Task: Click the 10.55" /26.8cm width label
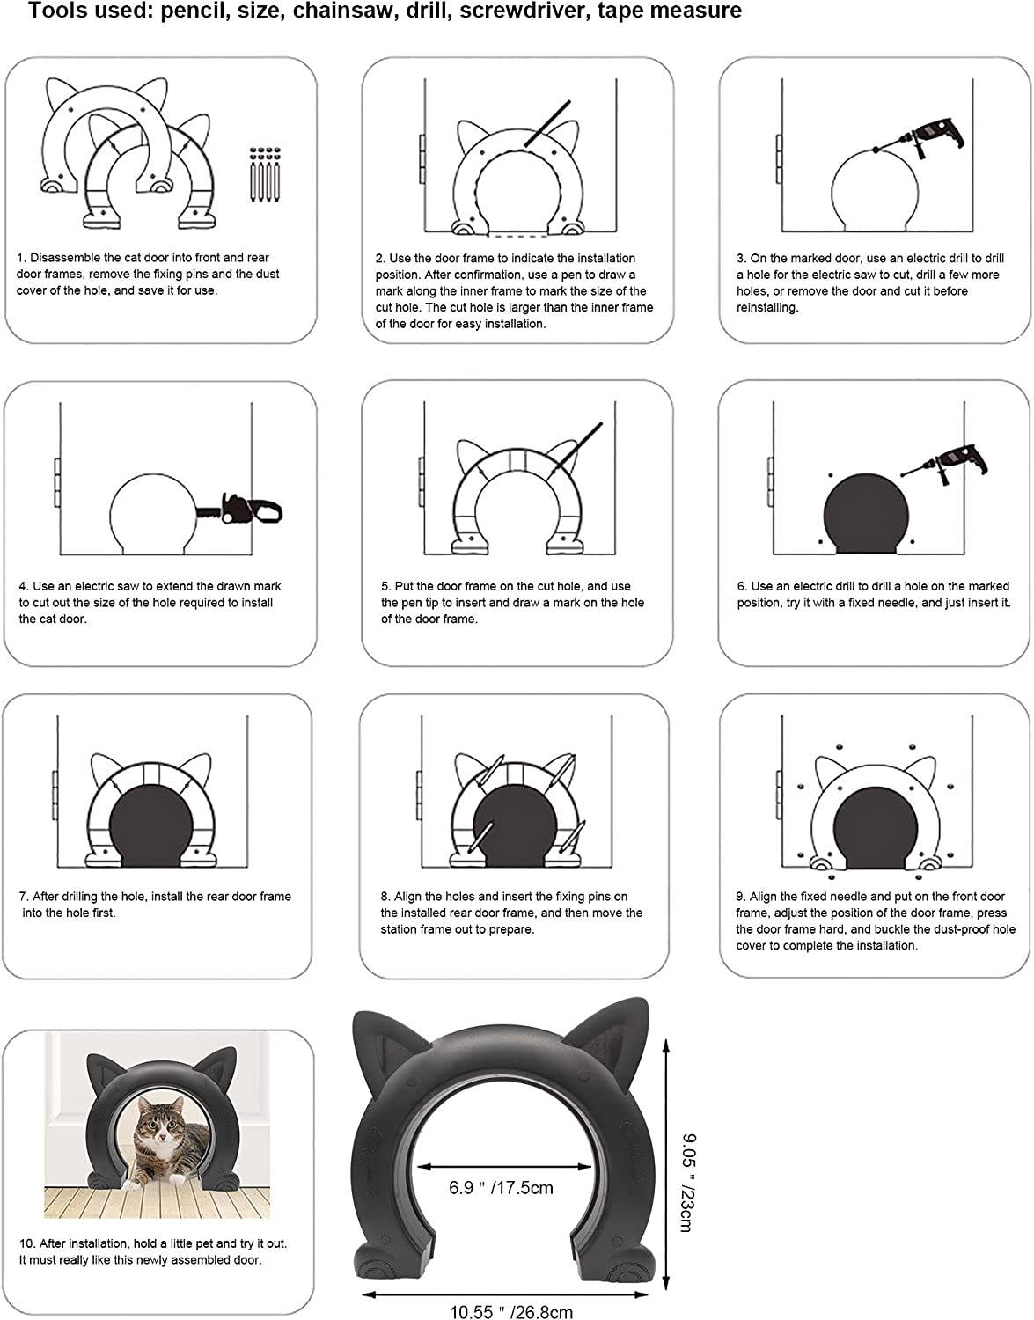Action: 511,1311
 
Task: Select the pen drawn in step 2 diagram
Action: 544,124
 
